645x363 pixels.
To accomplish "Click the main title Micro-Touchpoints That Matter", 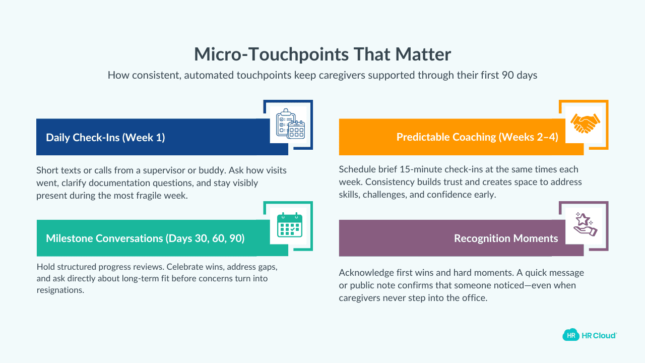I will (322, 54).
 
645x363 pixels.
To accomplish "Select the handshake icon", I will (585, 124).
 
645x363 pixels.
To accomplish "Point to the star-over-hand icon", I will (585, 225).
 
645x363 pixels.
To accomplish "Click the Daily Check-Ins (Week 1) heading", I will (105, 137).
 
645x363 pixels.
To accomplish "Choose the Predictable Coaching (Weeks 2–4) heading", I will (477, 137).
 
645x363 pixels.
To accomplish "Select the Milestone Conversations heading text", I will (145, 238).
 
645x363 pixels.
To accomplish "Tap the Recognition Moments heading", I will (506, 238).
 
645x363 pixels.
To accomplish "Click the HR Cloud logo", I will (590, 335).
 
